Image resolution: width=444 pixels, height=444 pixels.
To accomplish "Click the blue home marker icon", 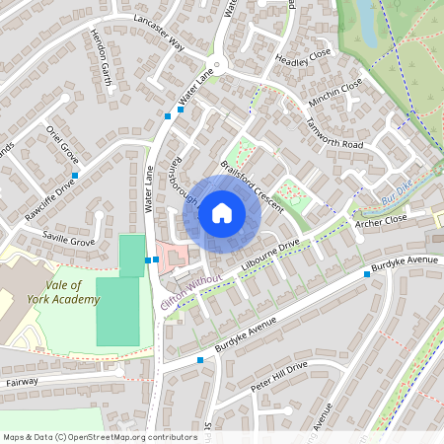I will click(x=222, y=211).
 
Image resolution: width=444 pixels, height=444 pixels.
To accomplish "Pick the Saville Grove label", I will click(x=68, y=240).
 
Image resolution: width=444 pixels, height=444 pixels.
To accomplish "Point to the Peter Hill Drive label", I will click(x=278, y=377).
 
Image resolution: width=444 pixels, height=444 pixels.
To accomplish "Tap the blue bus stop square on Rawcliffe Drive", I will click(x=75, y=175).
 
